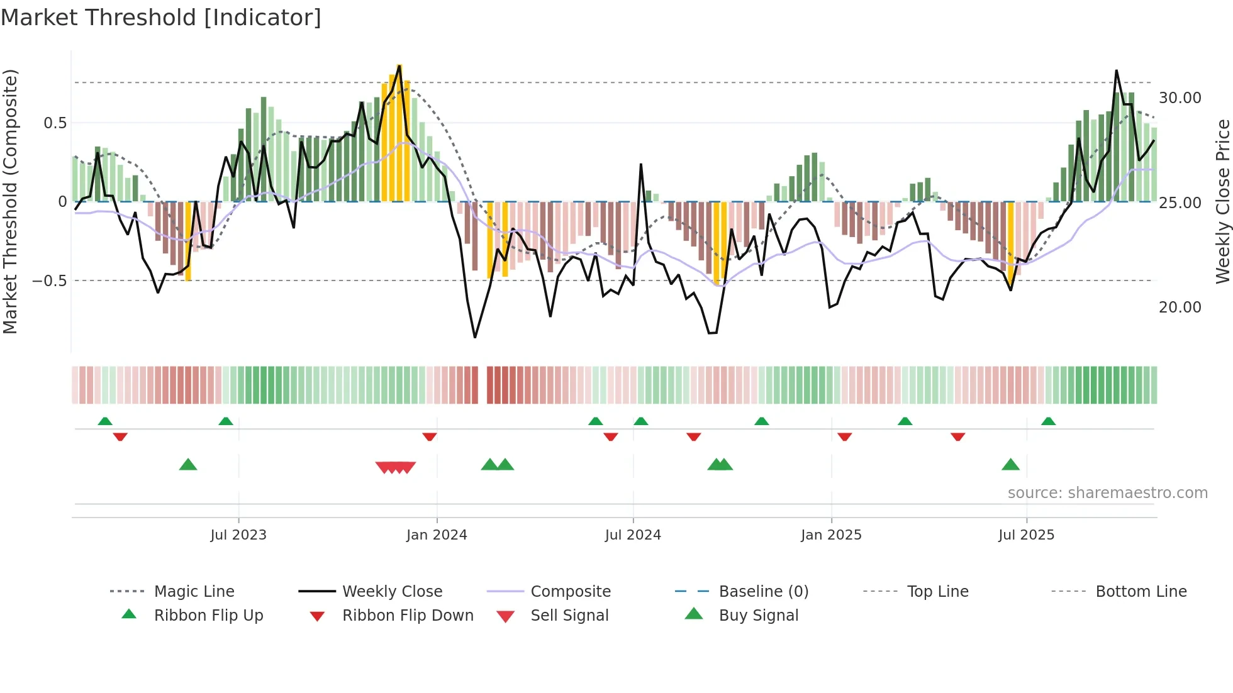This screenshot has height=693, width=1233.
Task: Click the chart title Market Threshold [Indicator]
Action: [161, 18]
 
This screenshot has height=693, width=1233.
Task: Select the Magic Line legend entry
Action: [194, 591]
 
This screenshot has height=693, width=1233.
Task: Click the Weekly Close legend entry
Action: [392, 591]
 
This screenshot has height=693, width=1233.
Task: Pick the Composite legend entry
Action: [570, 591]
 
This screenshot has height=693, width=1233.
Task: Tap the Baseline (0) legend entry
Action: [763, 591]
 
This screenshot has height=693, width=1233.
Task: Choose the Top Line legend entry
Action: [937, 591]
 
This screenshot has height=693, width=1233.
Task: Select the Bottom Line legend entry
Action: [1141, 591]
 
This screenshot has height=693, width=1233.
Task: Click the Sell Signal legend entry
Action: [569, 615]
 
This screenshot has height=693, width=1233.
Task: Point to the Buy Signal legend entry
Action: [758, 615]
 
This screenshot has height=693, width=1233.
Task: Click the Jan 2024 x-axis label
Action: [437, 535]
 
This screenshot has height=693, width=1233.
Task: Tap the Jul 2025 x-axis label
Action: [1026, 535]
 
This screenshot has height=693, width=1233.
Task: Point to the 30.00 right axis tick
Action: [1180, 98]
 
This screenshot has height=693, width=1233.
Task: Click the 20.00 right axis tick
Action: [1180, 307]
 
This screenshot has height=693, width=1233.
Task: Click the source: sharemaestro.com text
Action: [1107, 492]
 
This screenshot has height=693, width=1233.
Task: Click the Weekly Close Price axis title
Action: [1222, 201]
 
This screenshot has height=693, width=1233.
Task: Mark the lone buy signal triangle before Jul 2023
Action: [188, 465]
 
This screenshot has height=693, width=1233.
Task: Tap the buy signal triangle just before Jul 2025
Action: [1010, 465]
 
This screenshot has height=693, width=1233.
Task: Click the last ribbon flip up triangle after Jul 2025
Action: [1048, 421]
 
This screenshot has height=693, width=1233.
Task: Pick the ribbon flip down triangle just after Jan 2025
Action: [844, 436]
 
